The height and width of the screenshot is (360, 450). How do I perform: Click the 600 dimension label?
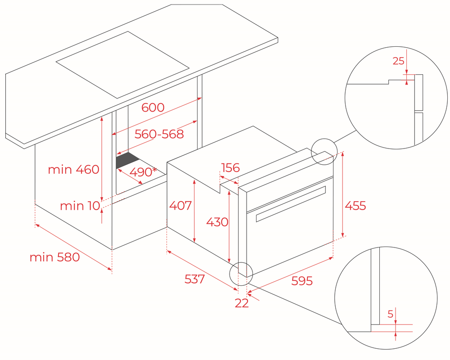point(153,108)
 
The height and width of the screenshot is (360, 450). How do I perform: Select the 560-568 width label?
point(159,134)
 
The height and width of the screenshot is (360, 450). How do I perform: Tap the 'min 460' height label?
point(73,170)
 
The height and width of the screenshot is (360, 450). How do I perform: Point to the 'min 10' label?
point(80,206)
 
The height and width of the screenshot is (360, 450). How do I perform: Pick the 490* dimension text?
point(144,172)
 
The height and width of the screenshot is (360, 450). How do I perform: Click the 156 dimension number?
point(230,167)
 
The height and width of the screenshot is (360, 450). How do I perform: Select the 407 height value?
point(180,206)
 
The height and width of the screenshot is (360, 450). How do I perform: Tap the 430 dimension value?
point(217,222)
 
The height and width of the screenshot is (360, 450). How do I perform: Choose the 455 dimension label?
point(355,206)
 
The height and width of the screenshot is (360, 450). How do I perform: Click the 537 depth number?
point(194,279)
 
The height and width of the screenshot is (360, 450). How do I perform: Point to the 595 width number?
point(301,281)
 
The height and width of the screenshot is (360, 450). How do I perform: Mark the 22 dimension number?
point(242,303)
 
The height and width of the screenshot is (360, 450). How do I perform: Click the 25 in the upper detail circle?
point(399,61)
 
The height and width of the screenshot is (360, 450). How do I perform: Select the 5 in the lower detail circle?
point(390,314)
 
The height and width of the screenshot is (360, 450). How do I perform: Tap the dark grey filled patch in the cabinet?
point(127,160)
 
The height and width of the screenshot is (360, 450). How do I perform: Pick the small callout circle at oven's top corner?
point(324,152)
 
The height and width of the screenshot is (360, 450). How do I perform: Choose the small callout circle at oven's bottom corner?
point(242,273)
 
